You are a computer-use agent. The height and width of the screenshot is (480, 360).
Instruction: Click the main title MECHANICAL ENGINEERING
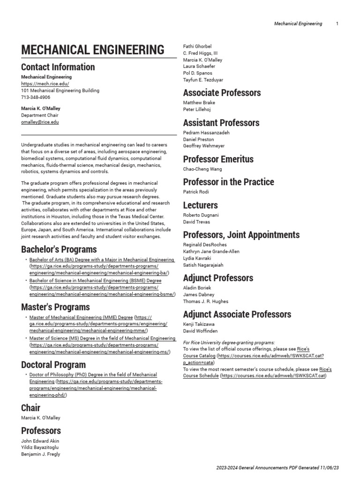[x=93, y=50]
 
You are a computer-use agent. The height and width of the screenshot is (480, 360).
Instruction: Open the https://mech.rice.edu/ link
[x=45, y=84]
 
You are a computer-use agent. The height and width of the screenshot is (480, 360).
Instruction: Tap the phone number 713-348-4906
[x=36, y=97]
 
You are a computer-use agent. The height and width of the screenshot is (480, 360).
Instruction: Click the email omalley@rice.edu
[x=40, y=122]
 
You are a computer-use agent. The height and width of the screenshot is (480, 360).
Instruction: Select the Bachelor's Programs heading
[x=59, y=249]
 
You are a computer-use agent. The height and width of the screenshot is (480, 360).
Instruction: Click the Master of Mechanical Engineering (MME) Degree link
[x=81, y=317]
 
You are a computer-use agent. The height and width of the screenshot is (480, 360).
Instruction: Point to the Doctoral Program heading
[x=53, y=365]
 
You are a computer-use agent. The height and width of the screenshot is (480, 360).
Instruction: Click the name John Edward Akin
[x=40, y=441]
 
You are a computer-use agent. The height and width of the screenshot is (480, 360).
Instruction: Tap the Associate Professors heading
[x=222, y=93]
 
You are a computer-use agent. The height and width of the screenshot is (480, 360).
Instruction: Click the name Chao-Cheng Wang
[x=202, y=169]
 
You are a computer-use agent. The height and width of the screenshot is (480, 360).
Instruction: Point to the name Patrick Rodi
[x=196, y=192]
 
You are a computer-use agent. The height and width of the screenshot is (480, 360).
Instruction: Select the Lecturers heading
[x=201, y=205]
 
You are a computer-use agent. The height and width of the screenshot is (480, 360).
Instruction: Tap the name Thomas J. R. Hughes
[x=206, y=301]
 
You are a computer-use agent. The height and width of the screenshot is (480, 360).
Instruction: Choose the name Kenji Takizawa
[x=199, y=324]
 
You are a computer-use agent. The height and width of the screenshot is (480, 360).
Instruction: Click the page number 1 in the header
[x=337, y=24]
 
